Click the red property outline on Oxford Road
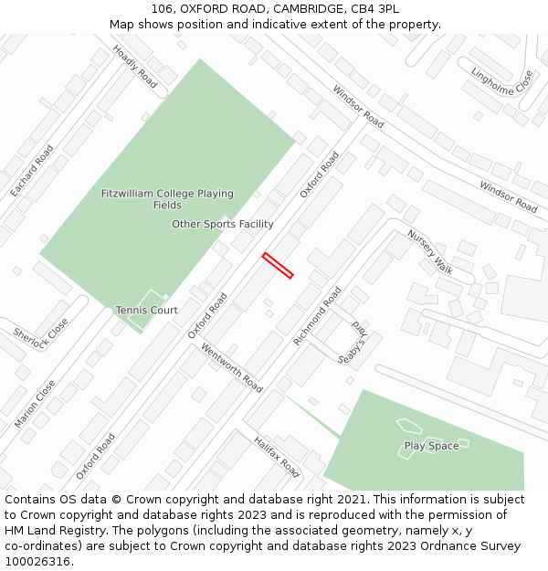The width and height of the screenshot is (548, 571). point(278,265)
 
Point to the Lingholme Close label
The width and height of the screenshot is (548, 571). point(501,82)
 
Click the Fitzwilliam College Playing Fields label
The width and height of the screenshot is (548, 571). point(167,199)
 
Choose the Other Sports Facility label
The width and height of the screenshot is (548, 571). point(223,224)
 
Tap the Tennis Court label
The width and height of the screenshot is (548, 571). point(146,311)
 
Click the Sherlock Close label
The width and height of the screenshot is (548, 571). point(41,341)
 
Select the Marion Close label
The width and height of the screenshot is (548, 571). point(35,404)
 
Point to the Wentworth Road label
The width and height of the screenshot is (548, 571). point(231,367)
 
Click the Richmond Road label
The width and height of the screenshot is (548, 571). point(317,316)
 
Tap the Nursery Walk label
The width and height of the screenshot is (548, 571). point(430,251)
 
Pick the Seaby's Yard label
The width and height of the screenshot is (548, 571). point(352,344)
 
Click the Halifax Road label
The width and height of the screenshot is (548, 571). point(277,456)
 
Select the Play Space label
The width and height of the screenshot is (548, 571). point(431,446)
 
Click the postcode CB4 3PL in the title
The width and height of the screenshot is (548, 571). point(376,8)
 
